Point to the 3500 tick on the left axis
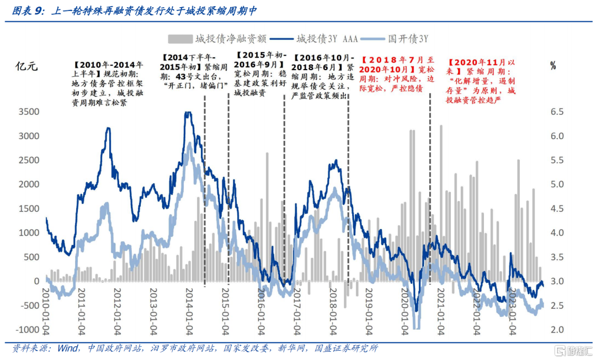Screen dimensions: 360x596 click(28, 112)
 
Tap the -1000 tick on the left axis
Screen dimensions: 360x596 click(25, 330)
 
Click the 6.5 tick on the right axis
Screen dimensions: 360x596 click(557, 112)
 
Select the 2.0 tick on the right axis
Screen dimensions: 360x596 click(557, 330)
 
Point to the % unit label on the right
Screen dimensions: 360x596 click(553, 66)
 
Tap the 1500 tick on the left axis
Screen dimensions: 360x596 click(28, 209)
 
